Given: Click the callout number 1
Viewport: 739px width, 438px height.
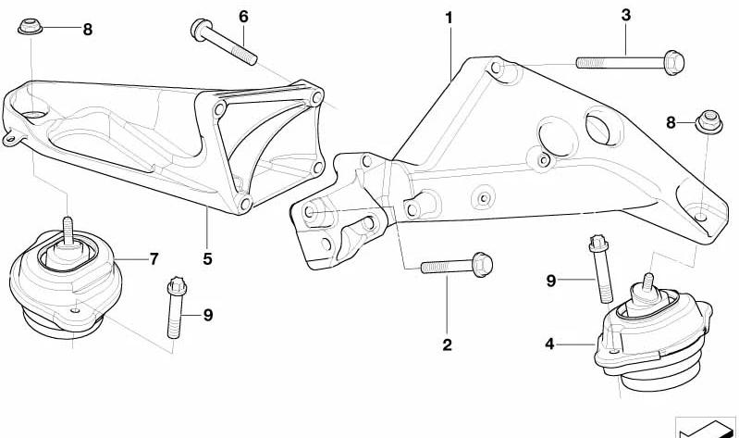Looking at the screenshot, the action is point(450,19).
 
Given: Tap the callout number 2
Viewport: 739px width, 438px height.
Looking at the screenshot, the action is point(448,344).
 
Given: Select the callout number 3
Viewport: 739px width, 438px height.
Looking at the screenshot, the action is point(626,15).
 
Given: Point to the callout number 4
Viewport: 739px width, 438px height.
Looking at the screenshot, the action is point(549,344).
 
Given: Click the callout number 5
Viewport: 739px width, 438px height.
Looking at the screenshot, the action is point(208,258).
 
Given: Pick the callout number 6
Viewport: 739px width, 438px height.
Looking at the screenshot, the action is point(243,17).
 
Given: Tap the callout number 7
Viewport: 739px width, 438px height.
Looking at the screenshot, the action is point(154,258).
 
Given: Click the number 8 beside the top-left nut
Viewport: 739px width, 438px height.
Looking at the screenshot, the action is point(88,30).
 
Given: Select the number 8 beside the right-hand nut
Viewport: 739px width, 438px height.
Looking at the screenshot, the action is point(671,123).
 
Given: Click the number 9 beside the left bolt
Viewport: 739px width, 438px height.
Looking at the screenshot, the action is point(208,315).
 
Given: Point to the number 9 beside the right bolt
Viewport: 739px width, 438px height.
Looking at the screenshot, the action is point(551,281).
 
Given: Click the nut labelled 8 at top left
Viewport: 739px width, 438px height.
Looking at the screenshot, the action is point(31,27).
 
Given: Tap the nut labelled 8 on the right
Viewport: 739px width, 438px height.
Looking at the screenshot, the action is point(709,122).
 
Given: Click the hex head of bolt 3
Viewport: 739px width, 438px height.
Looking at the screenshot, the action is point(674,62).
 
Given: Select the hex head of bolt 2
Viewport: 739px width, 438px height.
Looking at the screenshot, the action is point(482,264).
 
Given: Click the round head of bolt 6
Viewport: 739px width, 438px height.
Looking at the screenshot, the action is point(200,29).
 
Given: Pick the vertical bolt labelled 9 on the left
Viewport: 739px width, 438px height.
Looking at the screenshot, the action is point(176,307).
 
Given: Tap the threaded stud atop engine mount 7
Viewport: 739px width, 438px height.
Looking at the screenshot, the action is point(68,231).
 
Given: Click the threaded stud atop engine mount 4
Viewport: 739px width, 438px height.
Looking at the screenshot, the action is point(649,282).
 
